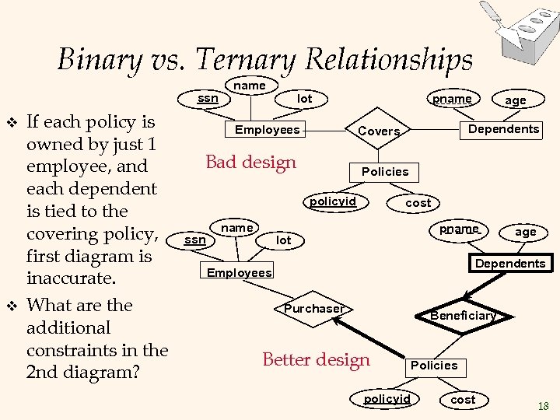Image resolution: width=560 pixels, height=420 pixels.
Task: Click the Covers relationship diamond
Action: pyautogui.click(x=379, y=131)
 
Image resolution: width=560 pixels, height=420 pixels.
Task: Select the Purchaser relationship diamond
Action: pyautogui.click(x=313, y=309)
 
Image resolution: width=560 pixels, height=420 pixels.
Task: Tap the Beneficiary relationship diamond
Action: pyautogui.click(x=463, y=315)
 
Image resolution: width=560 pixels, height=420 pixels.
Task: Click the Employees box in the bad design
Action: pyautogui.click(x=267, y=130)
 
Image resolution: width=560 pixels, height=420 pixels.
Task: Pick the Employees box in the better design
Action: pyautogui.click(x=240, y=272)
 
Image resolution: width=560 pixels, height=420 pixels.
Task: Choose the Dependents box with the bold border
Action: pyautogui.click(x=510, y=264)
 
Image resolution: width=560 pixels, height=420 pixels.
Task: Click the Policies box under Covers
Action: pyautogui.click(x=385, y=171)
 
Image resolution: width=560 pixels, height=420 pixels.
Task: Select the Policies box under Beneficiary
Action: pyautogui.click(x=434, y=366)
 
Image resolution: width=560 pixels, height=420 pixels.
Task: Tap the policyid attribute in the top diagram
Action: pyautogui.click(x=333, y=201)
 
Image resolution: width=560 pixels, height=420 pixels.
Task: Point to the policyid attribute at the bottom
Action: pyautogui.click(x=387, y=399)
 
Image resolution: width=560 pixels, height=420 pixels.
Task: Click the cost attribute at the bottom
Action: pyautogui.click(x=463, y=399)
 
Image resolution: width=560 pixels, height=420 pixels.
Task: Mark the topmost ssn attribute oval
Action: pyautogui.click(x=208, y=99)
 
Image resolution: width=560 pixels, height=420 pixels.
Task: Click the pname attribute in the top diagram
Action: pyautogui.click(x=452, y=99)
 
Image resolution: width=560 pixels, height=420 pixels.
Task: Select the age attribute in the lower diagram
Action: pyautogui.click(x=526, y=232)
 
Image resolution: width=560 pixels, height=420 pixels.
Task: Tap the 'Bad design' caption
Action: pyautogui.click(x=250, y=162)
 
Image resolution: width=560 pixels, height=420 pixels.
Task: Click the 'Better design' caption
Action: pyautogui.click(x=316, y=359)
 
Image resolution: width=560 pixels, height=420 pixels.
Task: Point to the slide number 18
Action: pyautogui.click(x=543, y=406)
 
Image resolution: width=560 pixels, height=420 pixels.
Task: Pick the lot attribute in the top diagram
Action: pyautogui.click(x=304, y=99)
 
